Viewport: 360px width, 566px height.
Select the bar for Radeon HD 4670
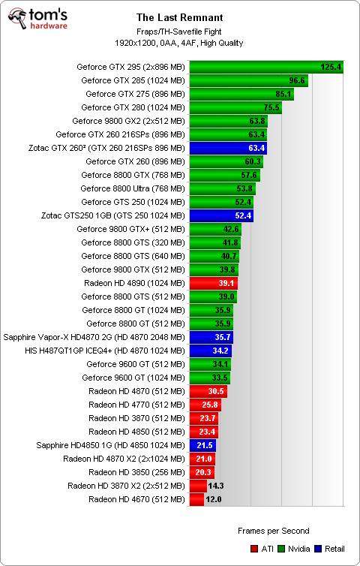(196, 499)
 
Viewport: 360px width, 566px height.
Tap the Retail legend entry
(334, 549)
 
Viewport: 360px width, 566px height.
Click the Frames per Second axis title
(273, 531)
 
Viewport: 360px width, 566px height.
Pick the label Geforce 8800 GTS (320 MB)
(133, 242)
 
